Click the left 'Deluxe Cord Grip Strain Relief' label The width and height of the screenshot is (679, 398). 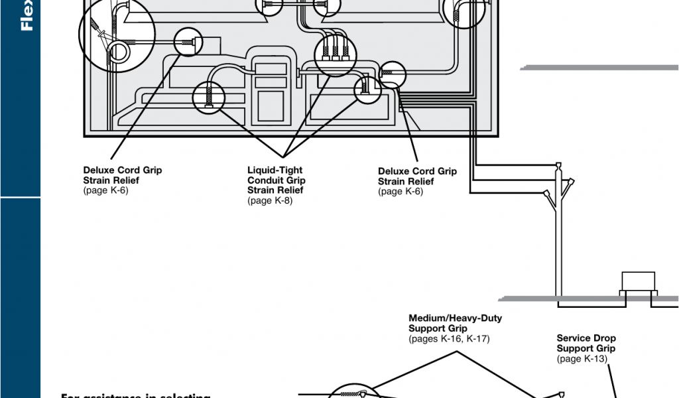122,175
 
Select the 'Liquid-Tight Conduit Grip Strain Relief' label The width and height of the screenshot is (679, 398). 277,180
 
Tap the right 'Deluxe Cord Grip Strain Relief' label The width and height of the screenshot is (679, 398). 417,176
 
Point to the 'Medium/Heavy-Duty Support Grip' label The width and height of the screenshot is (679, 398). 455,323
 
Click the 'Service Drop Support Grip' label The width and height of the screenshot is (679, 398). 586,343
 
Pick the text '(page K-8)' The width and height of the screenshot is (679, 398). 270,201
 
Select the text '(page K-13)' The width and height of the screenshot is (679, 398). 582,359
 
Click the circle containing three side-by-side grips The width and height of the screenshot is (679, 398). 331,52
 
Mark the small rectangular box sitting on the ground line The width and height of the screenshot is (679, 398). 637,281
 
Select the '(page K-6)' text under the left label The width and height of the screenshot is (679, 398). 105,191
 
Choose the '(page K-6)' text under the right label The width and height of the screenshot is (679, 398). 401,192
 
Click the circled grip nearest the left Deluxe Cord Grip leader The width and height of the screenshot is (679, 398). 188,42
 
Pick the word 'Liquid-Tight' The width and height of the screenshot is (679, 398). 275,170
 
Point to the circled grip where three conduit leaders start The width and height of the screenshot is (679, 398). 208,98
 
